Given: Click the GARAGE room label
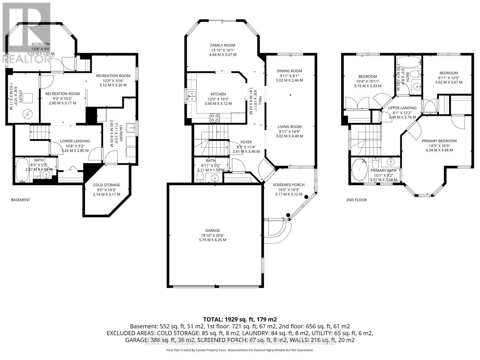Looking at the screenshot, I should click(213, 230).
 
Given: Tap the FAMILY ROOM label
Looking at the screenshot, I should click(223, 45).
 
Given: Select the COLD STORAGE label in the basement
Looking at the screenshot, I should click(106, 185).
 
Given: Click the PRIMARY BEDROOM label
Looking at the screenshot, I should click(439, 141).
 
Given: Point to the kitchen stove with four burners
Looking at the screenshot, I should click(214, 118).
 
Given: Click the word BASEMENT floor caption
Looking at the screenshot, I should click(21, 200).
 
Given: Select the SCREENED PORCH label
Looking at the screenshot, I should click(289, 185).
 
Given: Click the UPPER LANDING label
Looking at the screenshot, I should click(402, 108).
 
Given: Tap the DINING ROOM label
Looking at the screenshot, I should click(289, 71).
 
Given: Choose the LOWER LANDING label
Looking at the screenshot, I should click(75, 141).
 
